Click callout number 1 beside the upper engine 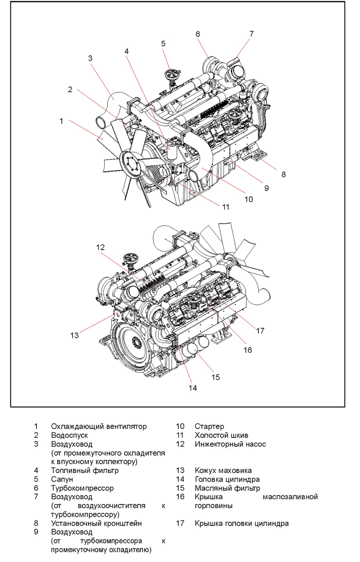61,121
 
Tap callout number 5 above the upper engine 163,44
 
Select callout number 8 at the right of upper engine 284,174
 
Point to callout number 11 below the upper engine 226,207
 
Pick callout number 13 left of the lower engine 74,335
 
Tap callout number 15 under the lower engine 215,377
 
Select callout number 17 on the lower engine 261,331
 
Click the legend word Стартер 209,426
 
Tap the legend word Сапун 62,479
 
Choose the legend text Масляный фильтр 227,488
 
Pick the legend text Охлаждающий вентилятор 99,426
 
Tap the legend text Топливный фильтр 85,470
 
